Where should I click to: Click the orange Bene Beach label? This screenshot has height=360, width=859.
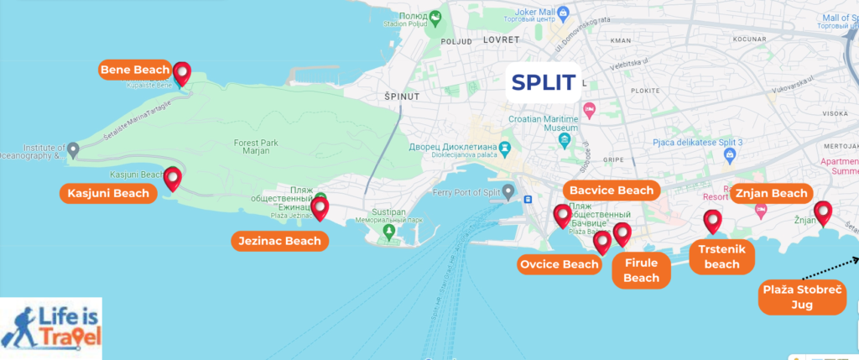[134, 70]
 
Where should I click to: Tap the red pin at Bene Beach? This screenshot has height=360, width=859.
[181, 73]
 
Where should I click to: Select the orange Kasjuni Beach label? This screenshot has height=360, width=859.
[109, 194]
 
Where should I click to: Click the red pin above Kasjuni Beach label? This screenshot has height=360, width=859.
[173, 178]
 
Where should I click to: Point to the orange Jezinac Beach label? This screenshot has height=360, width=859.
[279, 242]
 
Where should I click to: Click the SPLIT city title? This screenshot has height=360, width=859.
[544, 82]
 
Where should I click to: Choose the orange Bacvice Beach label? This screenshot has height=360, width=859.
[612, 190]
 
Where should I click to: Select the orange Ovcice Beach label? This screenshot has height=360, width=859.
[560, 265]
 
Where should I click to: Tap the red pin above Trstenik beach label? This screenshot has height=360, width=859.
[713, 221]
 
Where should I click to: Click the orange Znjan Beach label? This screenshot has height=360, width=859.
[771, 194]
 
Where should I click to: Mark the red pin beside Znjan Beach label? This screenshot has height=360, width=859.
[824, 213]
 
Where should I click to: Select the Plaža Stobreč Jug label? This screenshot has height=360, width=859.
[802, 298]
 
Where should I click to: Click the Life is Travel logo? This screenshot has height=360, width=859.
[51, 327]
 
